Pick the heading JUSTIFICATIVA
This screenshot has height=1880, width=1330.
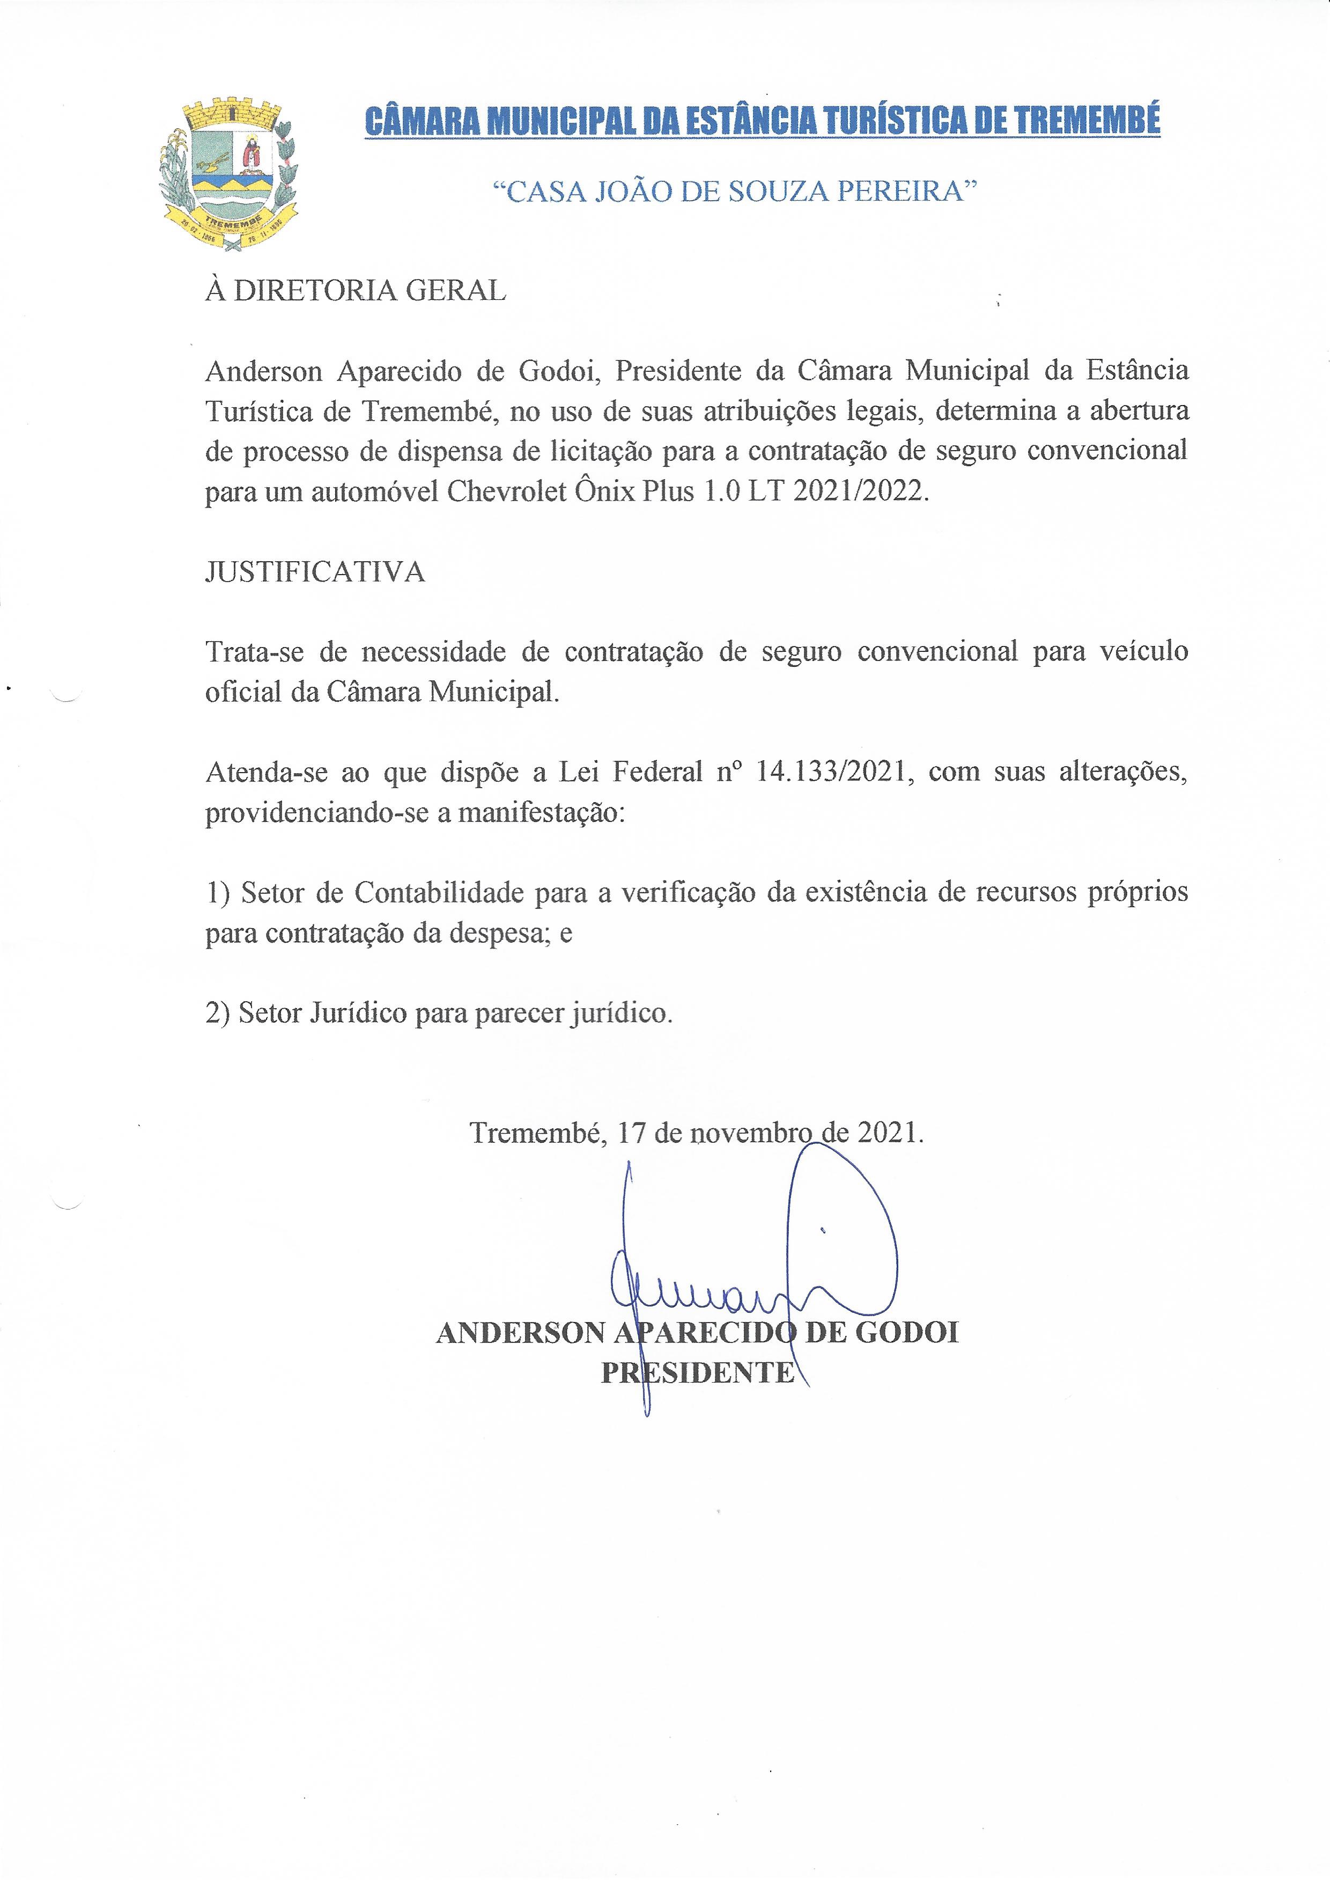(315, 572)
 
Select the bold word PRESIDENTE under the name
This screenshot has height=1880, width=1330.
(698, 1372)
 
